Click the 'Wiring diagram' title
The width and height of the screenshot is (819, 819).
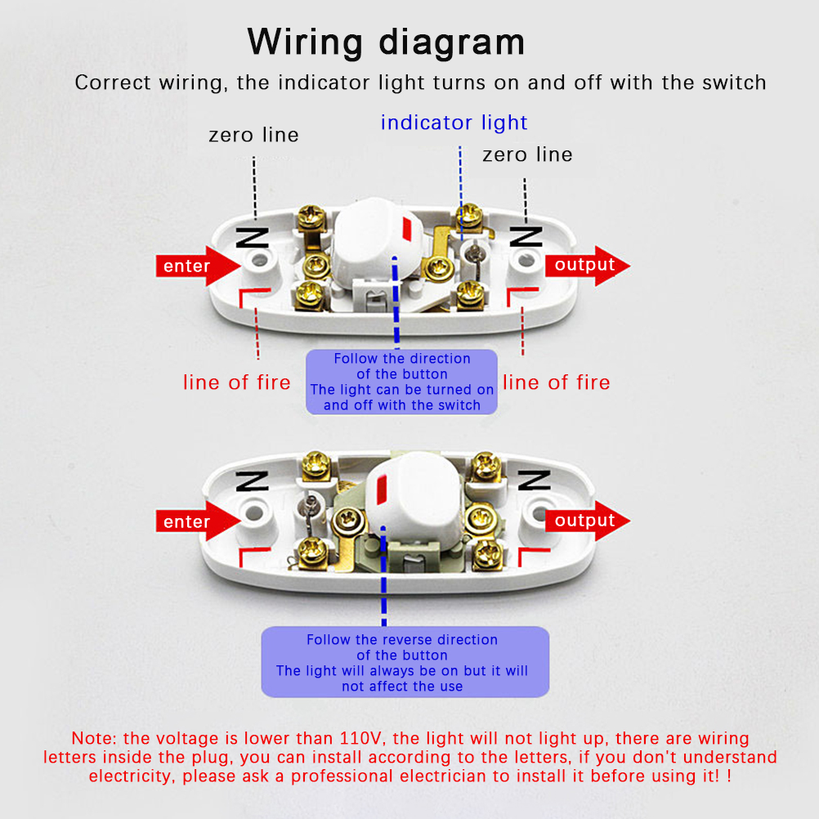point(386,41)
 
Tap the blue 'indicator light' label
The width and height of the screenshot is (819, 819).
point(454,123)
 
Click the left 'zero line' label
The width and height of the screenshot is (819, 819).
point(253,135)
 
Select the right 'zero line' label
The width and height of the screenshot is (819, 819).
point(527,154)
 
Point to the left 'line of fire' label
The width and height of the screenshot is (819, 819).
point(236,383)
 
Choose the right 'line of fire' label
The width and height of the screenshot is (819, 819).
point(556,383)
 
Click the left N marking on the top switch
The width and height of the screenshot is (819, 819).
point(252,238)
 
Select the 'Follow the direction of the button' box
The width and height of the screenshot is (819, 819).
point(401,382)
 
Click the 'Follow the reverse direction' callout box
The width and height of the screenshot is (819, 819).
point(405,663)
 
